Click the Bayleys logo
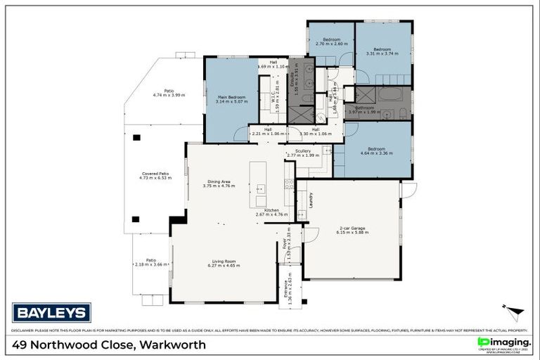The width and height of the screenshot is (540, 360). coord(51,312)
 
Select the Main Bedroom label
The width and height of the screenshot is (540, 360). coord(231,96)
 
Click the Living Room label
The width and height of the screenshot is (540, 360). coord(224,261)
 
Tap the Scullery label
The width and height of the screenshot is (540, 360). coord(303,150)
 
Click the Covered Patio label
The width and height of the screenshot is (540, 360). coord(153,174)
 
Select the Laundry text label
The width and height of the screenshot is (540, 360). coord(310,200)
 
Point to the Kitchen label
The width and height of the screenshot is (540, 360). coord(271,210)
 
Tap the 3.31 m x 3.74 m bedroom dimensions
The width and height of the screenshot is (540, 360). coord(382,53)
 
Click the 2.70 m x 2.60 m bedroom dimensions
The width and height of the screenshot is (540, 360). coord(331,44)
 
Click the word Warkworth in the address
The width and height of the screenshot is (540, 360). coord(173,345)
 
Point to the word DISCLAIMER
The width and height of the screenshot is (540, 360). coord(24,330)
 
